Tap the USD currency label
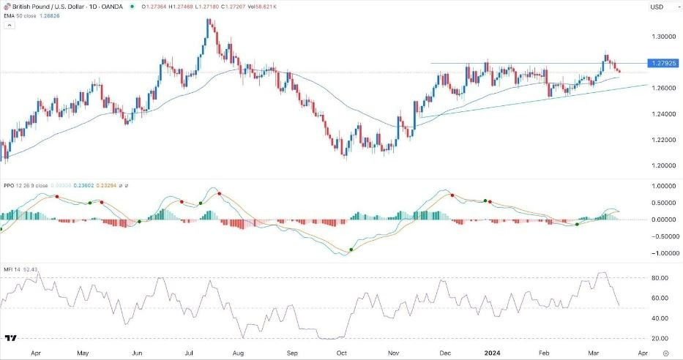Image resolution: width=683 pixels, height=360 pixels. [x=656, y=7]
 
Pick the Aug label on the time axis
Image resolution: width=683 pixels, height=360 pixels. [x=238, y=352]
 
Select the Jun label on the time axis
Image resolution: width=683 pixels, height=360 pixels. [x=136, y=352]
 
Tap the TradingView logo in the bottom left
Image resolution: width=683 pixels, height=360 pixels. [x=11, y=339]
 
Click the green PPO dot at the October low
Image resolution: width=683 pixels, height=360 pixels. [x=351, y=250]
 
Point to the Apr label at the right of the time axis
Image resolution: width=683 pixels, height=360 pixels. [x=642, y=352]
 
